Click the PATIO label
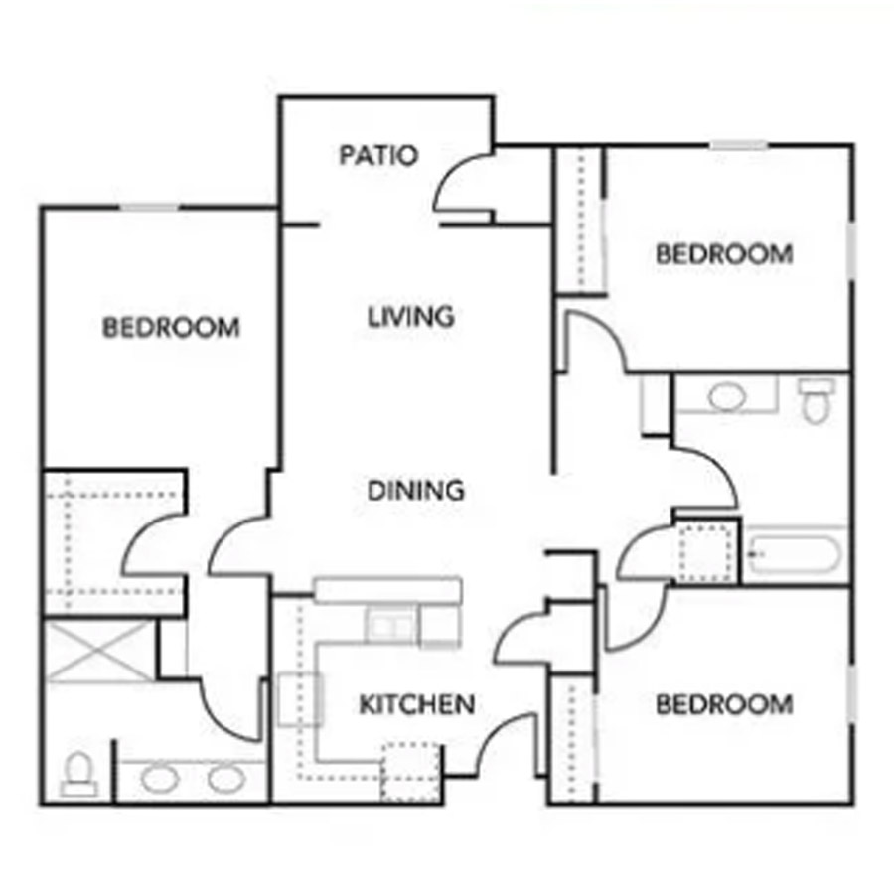pyautogui.click(x=378, y=155)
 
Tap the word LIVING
pyautogui.click(x=410, y=317)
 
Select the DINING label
pyautogui.click(x=415, y=491)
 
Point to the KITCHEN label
pyautogui.click(x=417, y=704)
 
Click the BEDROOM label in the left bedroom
pyautogui.click(x=171, y=327)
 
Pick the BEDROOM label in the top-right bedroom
pyautogui.click(x=724, y=254)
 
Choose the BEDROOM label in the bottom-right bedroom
pyautogui.click(x=724, y=704)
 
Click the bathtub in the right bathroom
pyautogui.click(x=795, y=554)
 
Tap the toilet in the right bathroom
pyautogui.click(x=816, y=401)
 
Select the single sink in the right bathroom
pyautogui.click(x=727, y=396)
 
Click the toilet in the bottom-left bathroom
pyautogui.click(x=78, y=774)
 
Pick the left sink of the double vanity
pyautogui.click(x=160, y=779)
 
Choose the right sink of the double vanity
pyautogui.click(x=226, y=779)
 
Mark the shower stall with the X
pyautogui.click(x=99, y=652)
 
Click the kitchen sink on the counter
pyautogui.click(x=391, y=626)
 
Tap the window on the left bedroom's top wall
pyautogui.click(x=150, y=207)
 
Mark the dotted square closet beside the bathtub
pyautogui.click(x=706, y=554)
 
